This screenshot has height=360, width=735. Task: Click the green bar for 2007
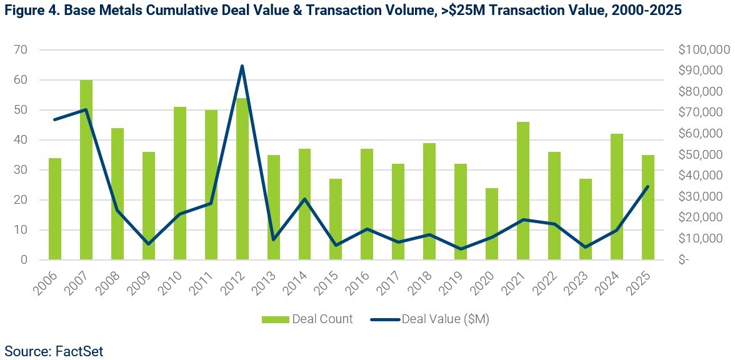coord(86,169)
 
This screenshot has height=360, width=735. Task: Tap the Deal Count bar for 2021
coord(523,191)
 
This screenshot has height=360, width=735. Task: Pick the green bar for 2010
coord(180,183)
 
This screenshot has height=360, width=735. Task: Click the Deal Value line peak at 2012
coord(242,66)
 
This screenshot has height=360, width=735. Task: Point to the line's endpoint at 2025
coord(647,186)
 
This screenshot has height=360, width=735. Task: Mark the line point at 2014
coord(304,199)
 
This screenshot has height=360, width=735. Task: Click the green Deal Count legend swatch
coord(276,319)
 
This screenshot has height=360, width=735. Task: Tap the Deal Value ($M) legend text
coord(445,319)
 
